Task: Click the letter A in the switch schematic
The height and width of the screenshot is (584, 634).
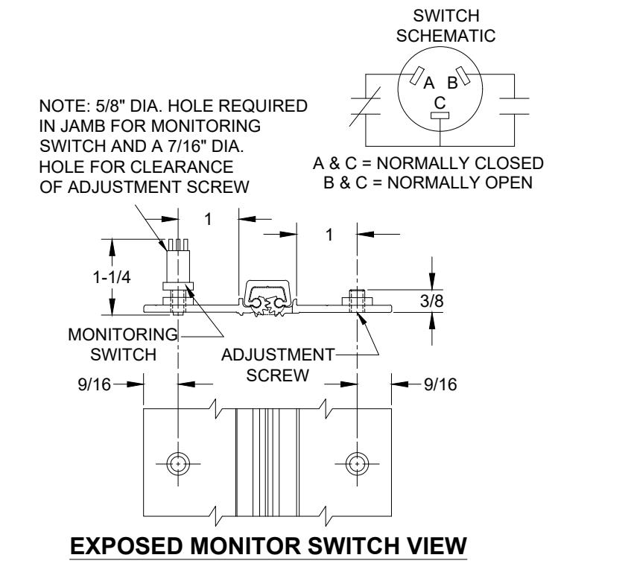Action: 428,83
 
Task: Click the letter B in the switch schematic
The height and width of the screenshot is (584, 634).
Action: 452,83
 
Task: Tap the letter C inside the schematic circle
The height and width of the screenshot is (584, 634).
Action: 440,103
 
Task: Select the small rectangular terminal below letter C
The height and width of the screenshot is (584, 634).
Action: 440,115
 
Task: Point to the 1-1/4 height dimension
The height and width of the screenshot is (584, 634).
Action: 112,278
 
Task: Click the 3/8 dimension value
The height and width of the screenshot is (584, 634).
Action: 432,301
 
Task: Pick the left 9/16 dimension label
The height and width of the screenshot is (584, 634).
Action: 94,384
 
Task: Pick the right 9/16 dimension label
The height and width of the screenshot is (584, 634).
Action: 441,384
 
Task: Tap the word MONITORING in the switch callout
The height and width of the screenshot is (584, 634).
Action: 123,334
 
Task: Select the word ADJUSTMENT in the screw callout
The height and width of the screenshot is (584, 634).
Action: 278,355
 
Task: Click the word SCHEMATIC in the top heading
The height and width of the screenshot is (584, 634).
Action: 446,36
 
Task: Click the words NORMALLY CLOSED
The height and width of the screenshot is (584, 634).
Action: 460,163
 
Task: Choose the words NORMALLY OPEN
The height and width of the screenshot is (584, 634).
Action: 460,182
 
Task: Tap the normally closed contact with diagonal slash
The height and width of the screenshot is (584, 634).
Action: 365,107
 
